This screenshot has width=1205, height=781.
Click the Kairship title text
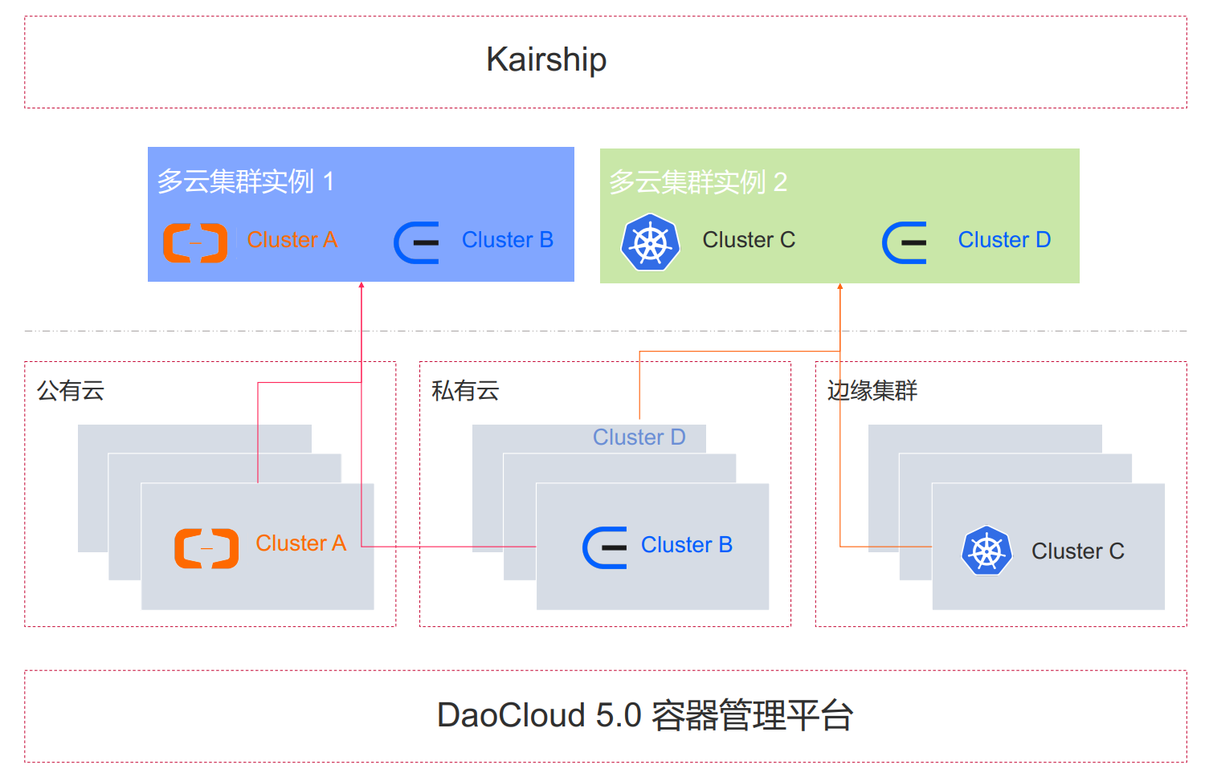[x=546, y=59]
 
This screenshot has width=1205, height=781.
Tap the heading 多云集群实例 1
[x=245, y=181]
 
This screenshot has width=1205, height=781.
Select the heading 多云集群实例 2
[x=697, y=182]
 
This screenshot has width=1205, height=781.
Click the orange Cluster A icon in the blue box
[x=195, y=242]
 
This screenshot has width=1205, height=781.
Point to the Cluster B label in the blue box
[x=507, y=240]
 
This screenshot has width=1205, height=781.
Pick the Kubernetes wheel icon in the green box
[x=651, y=242]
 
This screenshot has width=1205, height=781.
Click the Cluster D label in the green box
[x=1004, y=240]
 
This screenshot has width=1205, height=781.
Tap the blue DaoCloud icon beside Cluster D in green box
[x=905, y=242]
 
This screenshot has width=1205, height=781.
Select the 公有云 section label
[x=71, y=391]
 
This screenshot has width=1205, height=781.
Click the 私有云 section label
[x=465, y=391]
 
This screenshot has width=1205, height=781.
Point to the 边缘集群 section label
[x=872, y=391]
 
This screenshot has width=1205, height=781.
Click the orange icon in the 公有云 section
[x=206, y=548]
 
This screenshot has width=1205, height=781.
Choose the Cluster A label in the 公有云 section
[x=300, y=543]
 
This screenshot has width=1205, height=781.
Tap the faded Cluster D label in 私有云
[x=639, y=437]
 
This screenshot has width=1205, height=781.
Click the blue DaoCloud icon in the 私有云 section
[x=605, y=547]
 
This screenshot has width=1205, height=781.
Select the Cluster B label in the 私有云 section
[x=686, y=545]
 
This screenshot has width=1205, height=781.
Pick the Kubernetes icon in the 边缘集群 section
[x=986, y=551]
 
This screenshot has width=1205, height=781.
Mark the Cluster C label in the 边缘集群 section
[x=1077, y=551]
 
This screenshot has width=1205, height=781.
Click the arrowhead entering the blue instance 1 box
[x=361, y=285]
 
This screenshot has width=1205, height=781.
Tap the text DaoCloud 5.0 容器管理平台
[x=644, y=715]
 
